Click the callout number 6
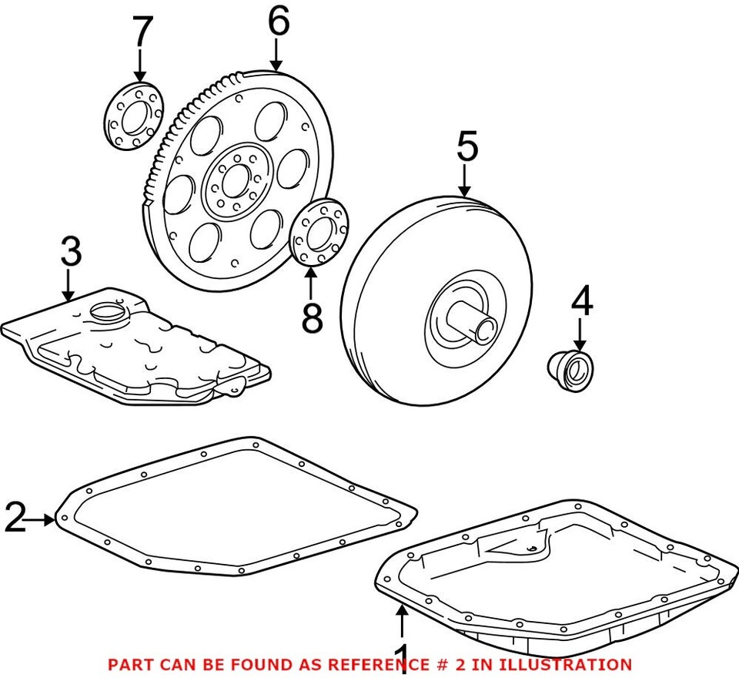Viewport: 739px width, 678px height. [x=278, y=22]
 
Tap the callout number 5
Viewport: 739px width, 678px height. [x=466, y=146]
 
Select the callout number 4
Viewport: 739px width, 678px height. [x=581, y=302]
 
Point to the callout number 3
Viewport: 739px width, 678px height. [x=70, y=253]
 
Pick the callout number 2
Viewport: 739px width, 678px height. [x=15, y=517]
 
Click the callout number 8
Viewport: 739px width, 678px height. [x=312, y=318]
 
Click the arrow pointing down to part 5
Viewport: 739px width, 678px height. [x=464, y=182]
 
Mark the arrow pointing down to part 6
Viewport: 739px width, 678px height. [x=276, y=55]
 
